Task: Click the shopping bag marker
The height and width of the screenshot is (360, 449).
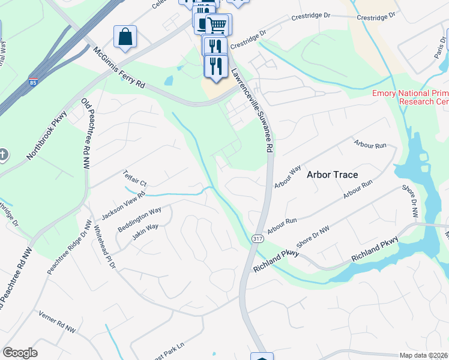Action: [x=125, y=37]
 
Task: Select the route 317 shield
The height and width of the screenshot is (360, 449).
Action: [x=257, y=238]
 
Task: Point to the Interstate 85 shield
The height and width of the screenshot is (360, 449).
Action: [x=31, y=82]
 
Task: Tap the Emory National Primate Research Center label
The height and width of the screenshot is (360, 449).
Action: [x=410, y=97]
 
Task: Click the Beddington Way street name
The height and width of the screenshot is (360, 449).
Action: [x=139, y=219]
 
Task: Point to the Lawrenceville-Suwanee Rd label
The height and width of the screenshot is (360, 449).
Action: [x=252, y=111]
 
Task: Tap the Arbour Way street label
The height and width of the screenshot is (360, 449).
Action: [x=287, y=178]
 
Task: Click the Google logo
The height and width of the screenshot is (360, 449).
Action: [x=20, y=352]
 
